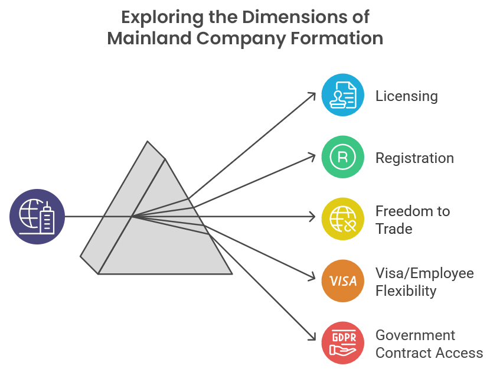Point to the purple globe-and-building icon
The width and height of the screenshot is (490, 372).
click(x=37, y=217)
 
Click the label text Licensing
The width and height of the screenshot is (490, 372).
click(x=407, y=96)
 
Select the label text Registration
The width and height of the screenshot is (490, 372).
click(x=414, y=158)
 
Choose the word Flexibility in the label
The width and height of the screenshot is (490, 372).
click(x=406, y=291)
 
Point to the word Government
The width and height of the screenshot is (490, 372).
click(x=416, y=335)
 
